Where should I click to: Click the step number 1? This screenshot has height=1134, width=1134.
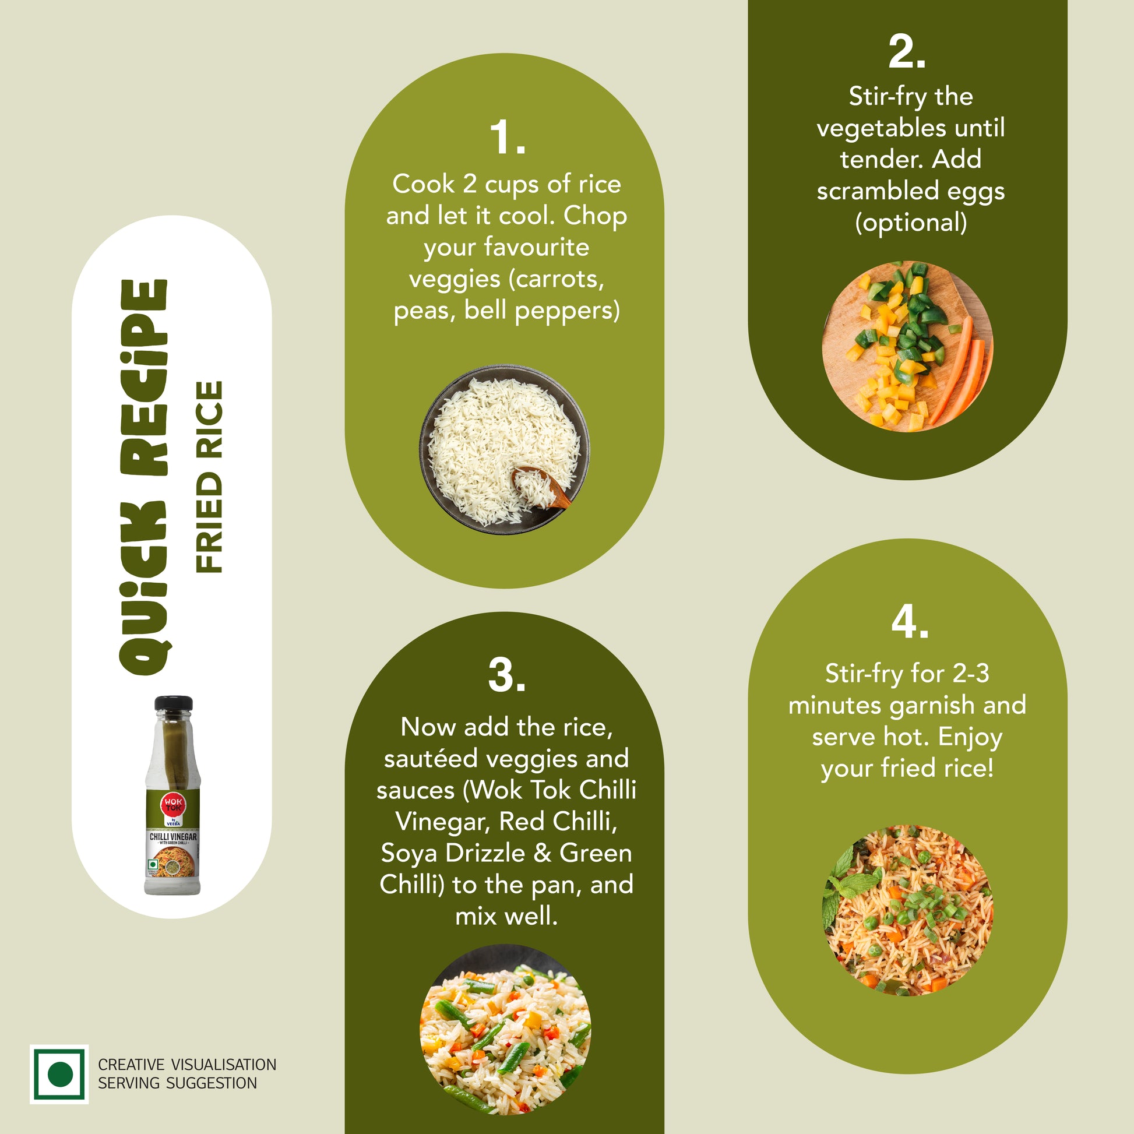pyautogui.click(x=507, y=138)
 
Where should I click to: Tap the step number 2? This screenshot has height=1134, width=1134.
pyautogui.click(x=907, y=52)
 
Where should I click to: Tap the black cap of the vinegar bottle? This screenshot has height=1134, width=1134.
pyautogui.click(x=173, y=703)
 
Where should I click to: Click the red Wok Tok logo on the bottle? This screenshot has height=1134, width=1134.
pyautogui.click(x=173, y=804)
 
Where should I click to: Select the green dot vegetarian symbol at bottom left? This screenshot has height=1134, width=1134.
pyautogui.click(x=59, y=1074)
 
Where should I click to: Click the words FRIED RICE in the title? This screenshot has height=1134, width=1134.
pyautogui.click(x=209, y=477)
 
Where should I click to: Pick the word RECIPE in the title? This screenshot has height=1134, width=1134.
pyautogui.click(x=144, y=378)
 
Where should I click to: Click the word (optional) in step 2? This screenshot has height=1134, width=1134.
pyautogui.click(x=910, y=223)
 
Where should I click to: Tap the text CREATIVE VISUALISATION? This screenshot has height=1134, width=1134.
pyautogui.click(x=186, y=1065)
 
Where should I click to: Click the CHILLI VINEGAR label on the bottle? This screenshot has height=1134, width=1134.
pyautogui.click(x=173, y=836)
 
